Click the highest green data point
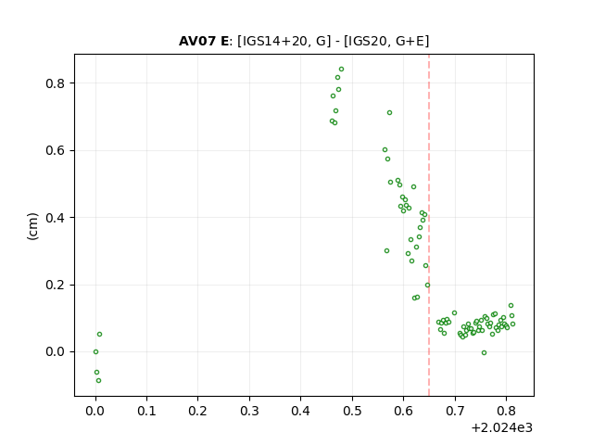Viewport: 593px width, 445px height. [341, 70]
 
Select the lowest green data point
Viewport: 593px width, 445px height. [99, 381]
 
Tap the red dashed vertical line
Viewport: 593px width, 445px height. [429, 225]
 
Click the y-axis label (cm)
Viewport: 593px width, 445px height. [33, 226]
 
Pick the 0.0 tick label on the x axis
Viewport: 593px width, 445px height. [95, 411]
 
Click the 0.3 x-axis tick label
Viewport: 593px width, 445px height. [249, 411]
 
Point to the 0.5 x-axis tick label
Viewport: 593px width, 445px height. [352, 411]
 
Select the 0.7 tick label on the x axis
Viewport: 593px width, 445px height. [455, 411]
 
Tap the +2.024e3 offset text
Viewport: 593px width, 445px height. [502, 428]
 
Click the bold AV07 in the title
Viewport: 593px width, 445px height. [197, 41]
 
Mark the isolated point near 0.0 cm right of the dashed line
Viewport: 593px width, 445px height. [484, 352]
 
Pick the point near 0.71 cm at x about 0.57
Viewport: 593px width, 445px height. [389, 113]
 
